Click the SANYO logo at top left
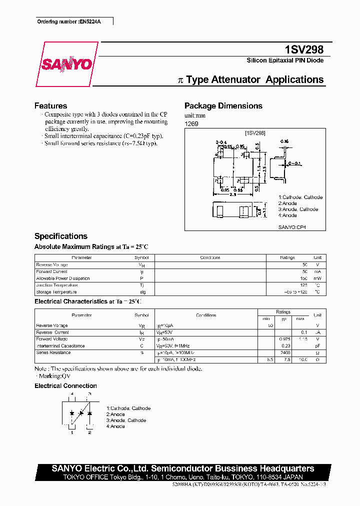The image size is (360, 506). [66, 64]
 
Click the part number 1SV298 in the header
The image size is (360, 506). [304, 49]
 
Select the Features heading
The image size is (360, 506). [50, 106]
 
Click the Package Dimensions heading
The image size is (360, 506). [223, 106]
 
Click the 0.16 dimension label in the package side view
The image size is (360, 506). [284, 141]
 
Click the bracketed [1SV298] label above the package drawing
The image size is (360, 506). [254, 133]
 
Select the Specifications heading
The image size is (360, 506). [60, 236]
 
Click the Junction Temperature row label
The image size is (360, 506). [57, 285]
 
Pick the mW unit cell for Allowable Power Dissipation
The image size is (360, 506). [317, 278]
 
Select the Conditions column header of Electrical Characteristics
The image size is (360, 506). [206, 315]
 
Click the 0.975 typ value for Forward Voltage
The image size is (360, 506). [285, 339]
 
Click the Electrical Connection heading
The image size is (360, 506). [65, 386]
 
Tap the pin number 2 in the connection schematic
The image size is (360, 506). [89, 432]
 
